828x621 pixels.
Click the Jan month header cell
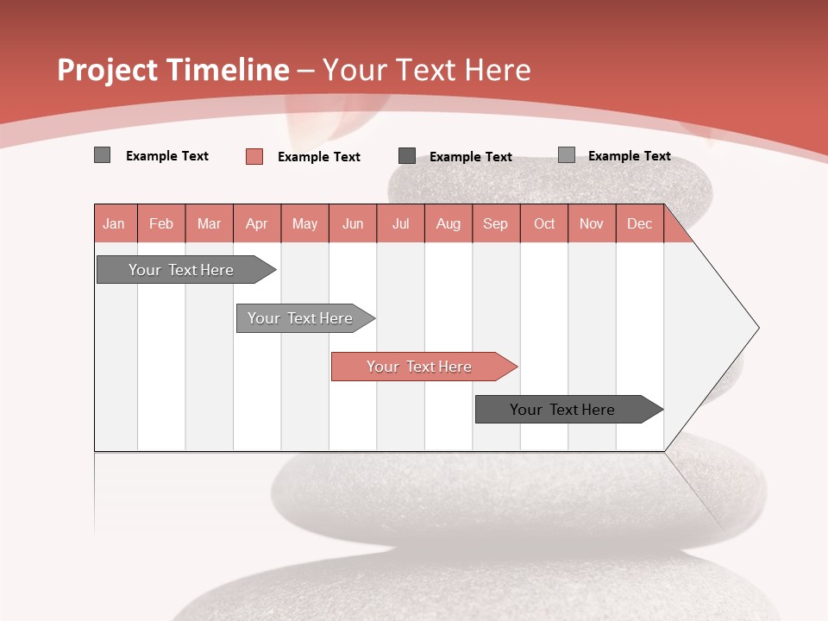(x=115, y=224)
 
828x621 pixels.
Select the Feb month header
(x=161, y=224)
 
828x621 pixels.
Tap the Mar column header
(x=209, y=224)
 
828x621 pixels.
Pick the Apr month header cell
(x=257, y=224)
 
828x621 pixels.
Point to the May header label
(x=304, y=224)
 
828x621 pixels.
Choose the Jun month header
(x=353, y=224)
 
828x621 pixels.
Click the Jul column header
(x=400, y=224)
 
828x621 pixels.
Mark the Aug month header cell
(x=448, y=224)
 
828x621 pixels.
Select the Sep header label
(x=496, y=224)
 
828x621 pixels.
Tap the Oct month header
(x=544, y=224)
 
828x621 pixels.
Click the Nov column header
(x=592, y=224)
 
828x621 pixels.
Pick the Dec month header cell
(x=640, y=224)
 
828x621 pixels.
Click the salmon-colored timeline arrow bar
(x=420, y=367)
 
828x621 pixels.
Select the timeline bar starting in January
(x=182, y=270)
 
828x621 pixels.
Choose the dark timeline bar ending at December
(x=563, y=410)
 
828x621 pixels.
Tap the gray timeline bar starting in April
(x=301, y=318)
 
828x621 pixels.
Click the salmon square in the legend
(x=254, y=156)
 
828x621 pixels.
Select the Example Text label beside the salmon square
(x=319, y=157)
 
